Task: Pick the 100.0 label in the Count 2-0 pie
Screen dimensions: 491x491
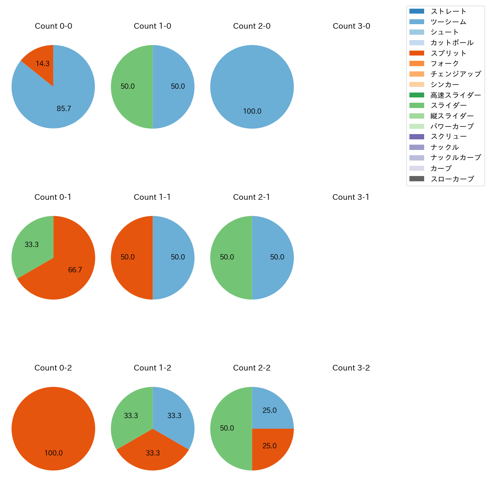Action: pos(252,111)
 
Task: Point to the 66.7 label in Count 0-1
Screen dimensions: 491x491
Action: pos(75,270)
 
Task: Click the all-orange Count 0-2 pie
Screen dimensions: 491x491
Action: pos(53,429)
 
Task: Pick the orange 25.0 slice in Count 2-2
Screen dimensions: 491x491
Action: pos(269,446)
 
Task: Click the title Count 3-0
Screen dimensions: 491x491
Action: pos(351,26)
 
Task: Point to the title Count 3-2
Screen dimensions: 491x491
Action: pos(351,368)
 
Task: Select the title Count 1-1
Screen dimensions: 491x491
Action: pos(152,197)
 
